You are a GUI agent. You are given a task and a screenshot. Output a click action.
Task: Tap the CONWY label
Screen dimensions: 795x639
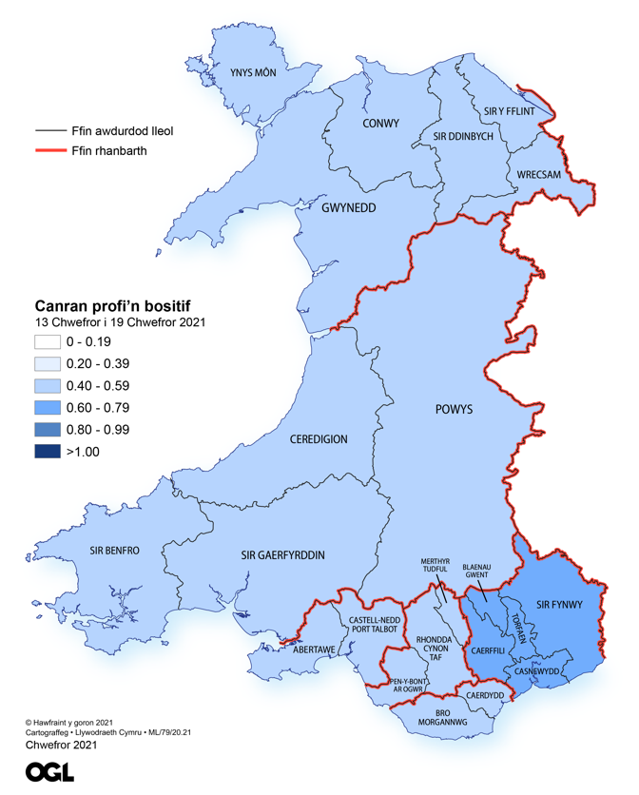[380, 124]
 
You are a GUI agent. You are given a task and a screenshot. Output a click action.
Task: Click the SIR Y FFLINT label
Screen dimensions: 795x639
[510, 111]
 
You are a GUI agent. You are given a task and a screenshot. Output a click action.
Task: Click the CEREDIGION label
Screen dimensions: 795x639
[319, 439]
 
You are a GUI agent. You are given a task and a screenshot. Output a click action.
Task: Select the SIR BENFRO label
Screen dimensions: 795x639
[115, 551]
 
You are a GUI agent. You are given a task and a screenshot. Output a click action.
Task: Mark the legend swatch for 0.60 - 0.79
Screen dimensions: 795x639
[48, 408]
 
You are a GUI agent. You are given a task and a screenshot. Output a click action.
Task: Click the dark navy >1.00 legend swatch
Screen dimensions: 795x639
[48, 452]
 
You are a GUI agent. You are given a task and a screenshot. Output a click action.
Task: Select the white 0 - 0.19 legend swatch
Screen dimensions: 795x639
[48, 341]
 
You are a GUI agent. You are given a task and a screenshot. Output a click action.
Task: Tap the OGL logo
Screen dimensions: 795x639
[49, 772]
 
